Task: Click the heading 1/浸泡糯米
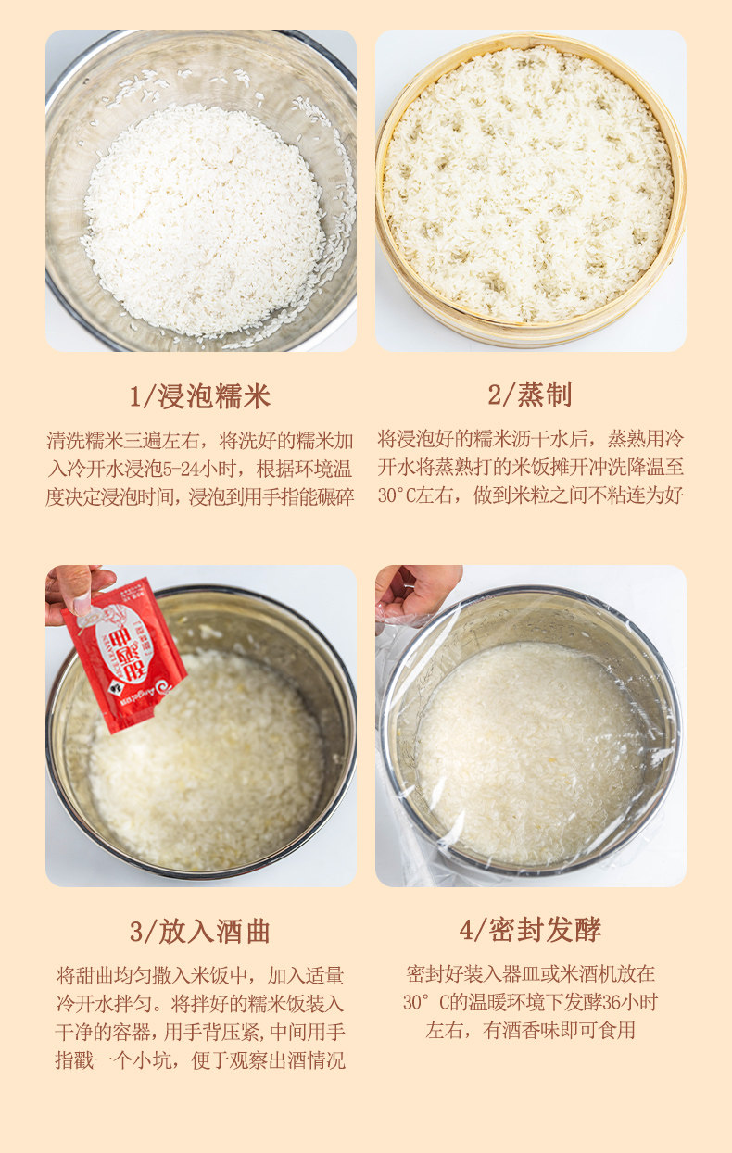(200, 396)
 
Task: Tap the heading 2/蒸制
(530, 395)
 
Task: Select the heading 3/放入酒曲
(200, 932)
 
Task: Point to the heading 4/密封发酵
(530, 930)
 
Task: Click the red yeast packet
(124, 653)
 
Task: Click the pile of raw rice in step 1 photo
(204, 218)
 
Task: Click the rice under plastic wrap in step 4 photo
(528, 750)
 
